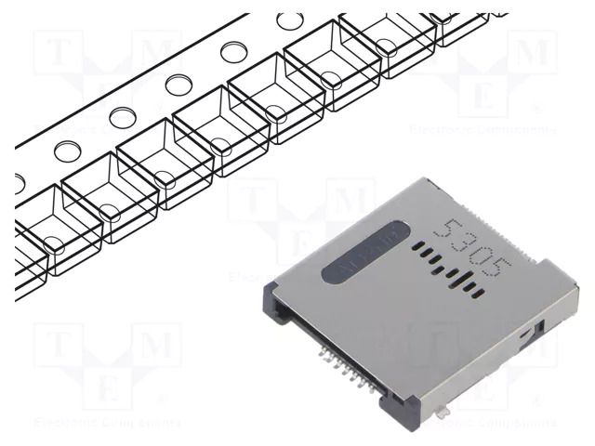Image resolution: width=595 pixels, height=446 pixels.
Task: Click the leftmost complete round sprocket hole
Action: [x=67, y=150]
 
